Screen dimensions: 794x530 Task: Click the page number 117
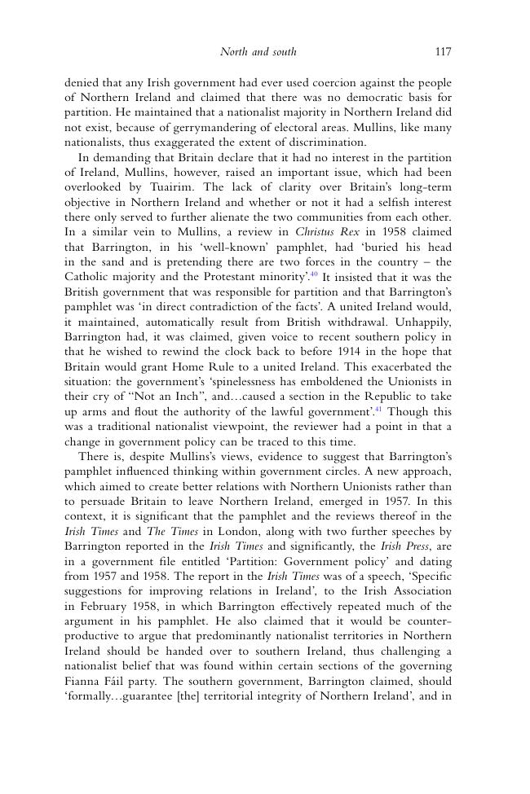tap(443, 52)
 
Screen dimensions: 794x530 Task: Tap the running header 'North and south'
tap(258, 52)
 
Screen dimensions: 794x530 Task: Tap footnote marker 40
tap(314, 274)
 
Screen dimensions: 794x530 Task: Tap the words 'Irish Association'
tap(408, 591)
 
